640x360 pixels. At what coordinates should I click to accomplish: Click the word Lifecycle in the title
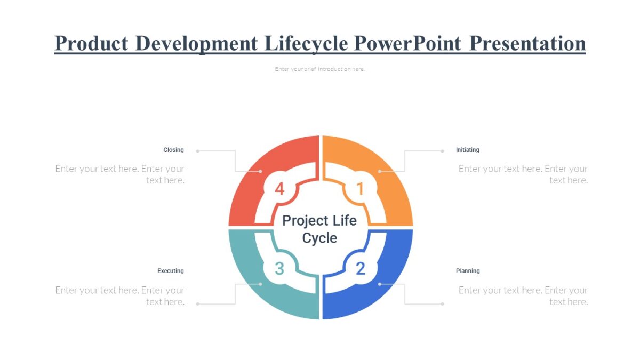point(307,43)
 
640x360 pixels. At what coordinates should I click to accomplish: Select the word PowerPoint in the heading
point(407,43)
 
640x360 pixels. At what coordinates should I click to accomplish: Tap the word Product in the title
point(90,43)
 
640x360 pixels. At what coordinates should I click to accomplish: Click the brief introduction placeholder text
point(320,69)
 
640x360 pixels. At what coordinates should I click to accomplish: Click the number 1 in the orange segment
point(360,189)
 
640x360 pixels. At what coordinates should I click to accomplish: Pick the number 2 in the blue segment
point(360,269)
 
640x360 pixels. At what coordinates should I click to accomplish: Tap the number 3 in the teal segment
point(279,269)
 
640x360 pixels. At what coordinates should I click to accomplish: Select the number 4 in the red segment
point(279,189)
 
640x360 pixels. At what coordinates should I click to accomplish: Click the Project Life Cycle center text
point(319,229)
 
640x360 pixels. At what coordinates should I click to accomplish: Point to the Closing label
point(173,150)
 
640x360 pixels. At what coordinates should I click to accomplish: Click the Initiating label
point(467,150)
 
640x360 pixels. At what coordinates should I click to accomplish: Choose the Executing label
point(170,271)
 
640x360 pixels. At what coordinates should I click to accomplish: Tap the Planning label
point(468,271)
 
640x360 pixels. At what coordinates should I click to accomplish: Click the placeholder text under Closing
point(120,174)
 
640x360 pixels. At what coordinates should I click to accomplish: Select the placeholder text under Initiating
point(523,174)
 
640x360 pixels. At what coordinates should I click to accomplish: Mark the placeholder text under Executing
point(120,296)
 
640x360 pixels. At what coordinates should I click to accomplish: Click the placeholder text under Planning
point(523,296)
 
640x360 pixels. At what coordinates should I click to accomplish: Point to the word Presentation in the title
point(527,43)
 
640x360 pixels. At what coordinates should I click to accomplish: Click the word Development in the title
point(197,43)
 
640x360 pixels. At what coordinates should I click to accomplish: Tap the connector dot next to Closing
point(198,151)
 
